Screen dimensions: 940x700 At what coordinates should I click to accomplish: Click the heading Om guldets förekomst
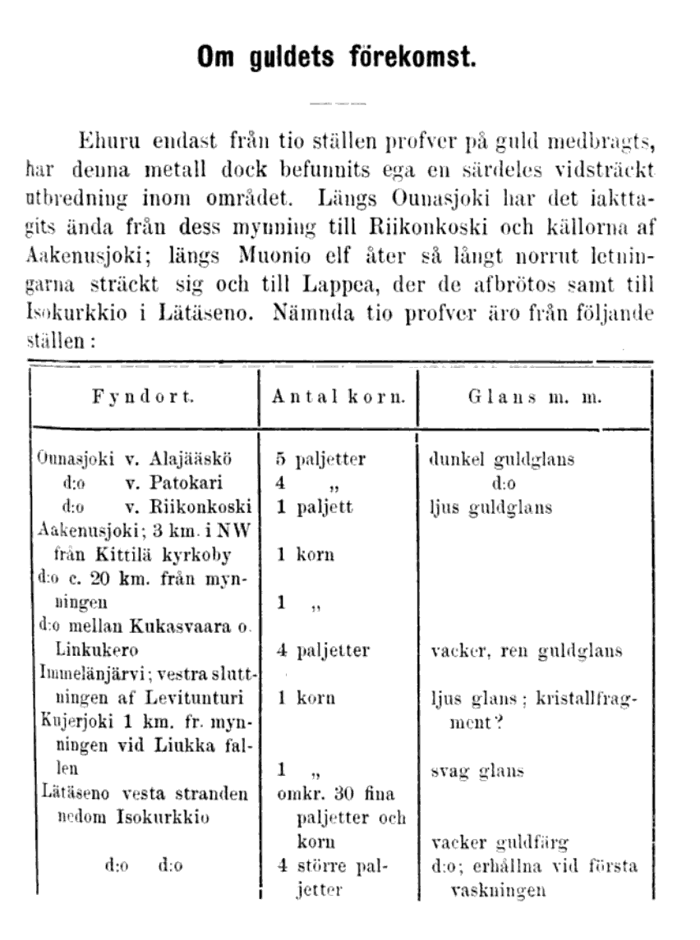(335, 58)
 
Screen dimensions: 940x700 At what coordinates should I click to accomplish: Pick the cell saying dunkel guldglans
(501, 460)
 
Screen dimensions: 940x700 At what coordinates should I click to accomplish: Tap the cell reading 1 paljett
(315, 507)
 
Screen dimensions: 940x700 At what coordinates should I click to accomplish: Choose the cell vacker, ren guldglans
(527, 651)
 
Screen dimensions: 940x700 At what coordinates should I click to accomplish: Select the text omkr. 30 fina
(337, 794)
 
